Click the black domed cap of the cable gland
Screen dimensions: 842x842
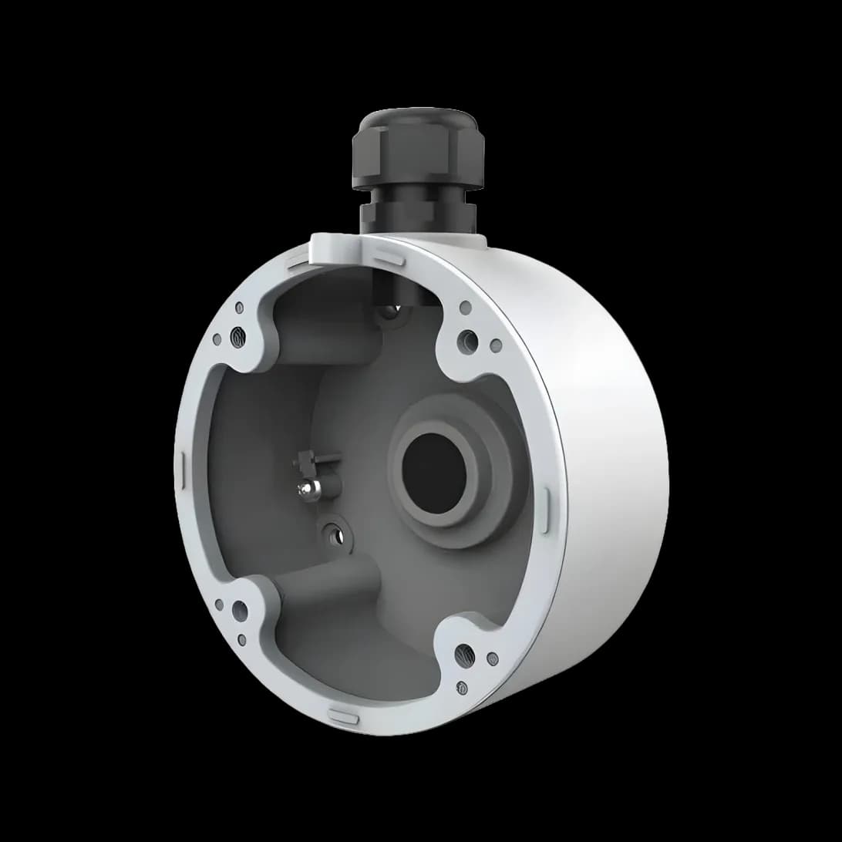pos(417,123)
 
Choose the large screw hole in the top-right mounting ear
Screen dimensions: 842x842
pos(467,339)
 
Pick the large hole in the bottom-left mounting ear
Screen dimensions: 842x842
pos(240,611)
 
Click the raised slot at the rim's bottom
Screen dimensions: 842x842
pos(344,717)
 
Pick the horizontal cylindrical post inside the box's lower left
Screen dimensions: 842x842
pos(324,586)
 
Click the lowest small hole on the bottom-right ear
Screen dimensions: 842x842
pos(462,686)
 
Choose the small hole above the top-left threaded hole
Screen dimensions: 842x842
pos(240,308)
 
